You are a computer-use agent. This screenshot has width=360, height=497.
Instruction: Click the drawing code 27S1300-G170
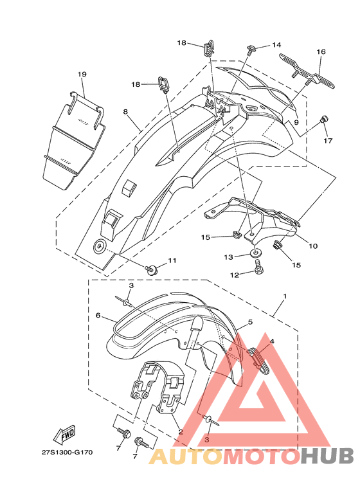click(67, 452)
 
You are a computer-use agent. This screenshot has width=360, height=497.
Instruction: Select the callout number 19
click(82, 74)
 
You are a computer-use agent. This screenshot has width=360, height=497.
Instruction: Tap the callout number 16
click(321, 51)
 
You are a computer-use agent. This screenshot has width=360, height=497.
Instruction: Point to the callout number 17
click(328, 140)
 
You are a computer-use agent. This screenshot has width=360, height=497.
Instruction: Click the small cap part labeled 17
click(324, 120)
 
